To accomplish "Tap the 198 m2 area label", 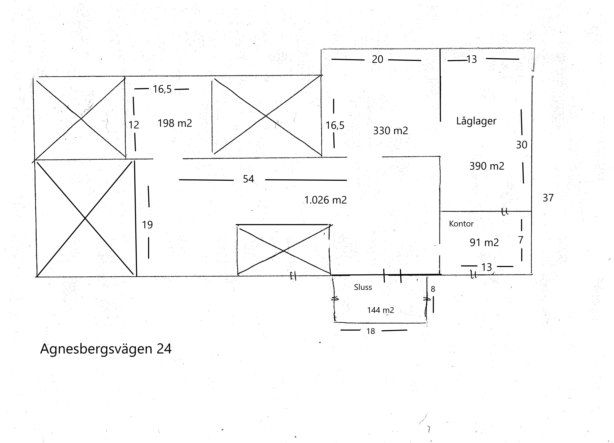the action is click(175, 123).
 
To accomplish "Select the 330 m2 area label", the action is click(390, 131).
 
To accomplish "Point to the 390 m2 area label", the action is click(487, 166).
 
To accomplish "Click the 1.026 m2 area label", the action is click(325, 200).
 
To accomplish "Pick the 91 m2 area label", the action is click(484, 242).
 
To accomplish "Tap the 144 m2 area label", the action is click(380, 310).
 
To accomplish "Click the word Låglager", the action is click(476, 121).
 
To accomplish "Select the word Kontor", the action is click(461, 224).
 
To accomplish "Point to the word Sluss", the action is click(363, 287).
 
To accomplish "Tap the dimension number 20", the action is click(377, 59).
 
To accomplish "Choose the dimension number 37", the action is click(548, 198).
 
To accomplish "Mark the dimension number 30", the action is click(522, 145).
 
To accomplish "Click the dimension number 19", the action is click(147, 225).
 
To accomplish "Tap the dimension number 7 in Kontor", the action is click(521, 240).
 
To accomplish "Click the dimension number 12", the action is click(134, 125).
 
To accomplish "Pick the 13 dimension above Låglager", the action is click(471, 59).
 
